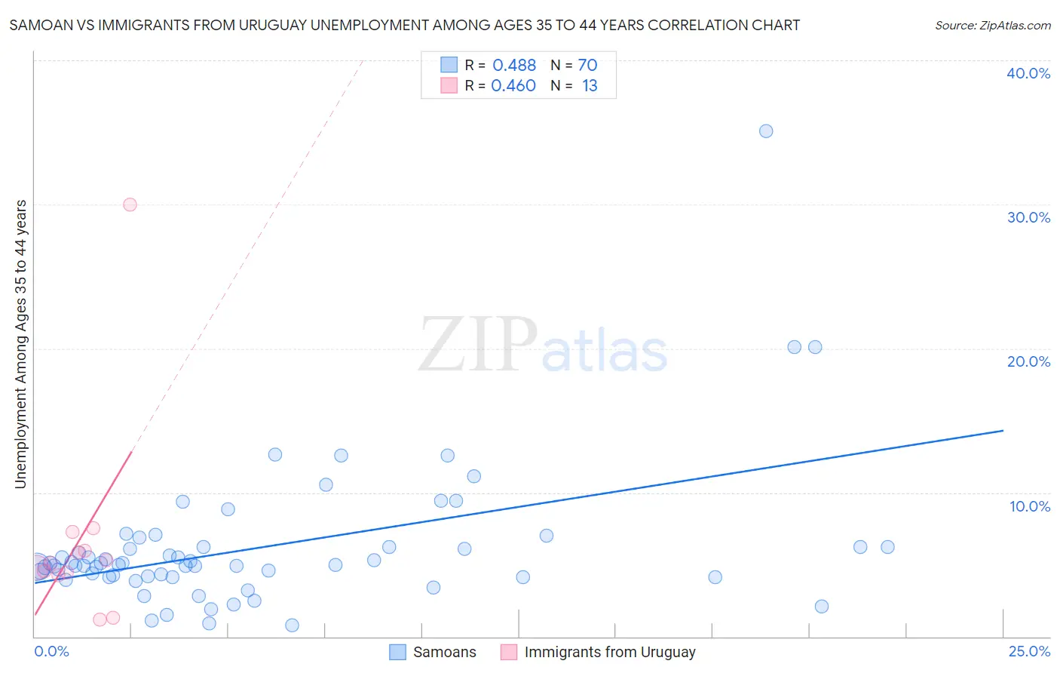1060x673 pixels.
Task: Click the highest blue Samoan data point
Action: click(x=766, y=131)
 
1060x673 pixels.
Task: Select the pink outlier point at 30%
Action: click(x=130, y=204)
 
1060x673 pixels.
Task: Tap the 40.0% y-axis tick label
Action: click(x=1028, y=74)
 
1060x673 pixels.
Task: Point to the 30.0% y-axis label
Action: click(x=1028, y=218)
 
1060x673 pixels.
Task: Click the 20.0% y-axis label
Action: click(x=1028, y=362)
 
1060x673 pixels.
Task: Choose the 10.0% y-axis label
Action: click(x=1029, y=506)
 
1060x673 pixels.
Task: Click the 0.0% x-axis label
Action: click(x=52, y=651)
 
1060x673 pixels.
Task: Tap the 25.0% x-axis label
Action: click(x=1029, y=651)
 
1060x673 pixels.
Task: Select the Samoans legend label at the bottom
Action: click(x=445, y=652)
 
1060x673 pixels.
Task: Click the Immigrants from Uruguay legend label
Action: click(x=610, y=652)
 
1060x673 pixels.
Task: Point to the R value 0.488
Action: click(x=514, y=66)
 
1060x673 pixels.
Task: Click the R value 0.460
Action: click(x=513, y=86)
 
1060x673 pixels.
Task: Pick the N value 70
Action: click(x=587, y=66)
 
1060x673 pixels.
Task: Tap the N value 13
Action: click(x=590, y=86)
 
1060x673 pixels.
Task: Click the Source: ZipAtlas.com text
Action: click(x=992, y=26)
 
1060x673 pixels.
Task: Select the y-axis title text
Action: click(x=21, y=344)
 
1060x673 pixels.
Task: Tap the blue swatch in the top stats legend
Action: click(x=449, y=65)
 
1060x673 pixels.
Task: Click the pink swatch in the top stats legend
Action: click(x=449, y=85)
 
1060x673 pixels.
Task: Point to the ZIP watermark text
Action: click(x=477, y=346)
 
